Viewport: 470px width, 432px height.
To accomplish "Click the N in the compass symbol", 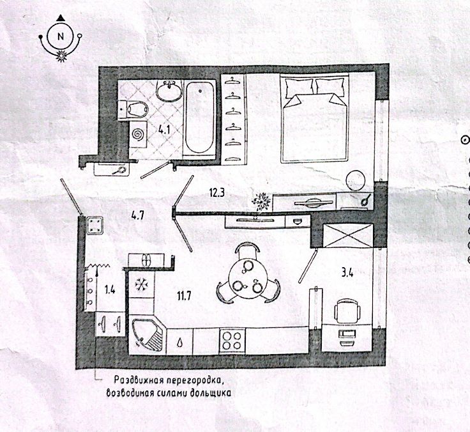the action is pyautogui.click(x=61, y=36).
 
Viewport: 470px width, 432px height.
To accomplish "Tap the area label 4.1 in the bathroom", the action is pyautogui.click(x=164, y=129).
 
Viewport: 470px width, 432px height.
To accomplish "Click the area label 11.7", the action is pyautogui.click(x=186, y=295).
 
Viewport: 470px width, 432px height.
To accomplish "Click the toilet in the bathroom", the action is pyautogui.click(x=133, y=109).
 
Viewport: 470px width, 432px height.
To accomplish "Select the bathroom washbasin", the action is pyautogui.click(x=170, y=92).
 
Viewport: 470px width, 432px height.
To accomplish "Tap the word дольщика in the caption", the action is pyautogui.click(x=207, y=391).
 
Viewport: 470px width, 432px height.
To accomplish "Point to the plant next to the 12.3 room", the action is pyautogui.click(x=261, y=202).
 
